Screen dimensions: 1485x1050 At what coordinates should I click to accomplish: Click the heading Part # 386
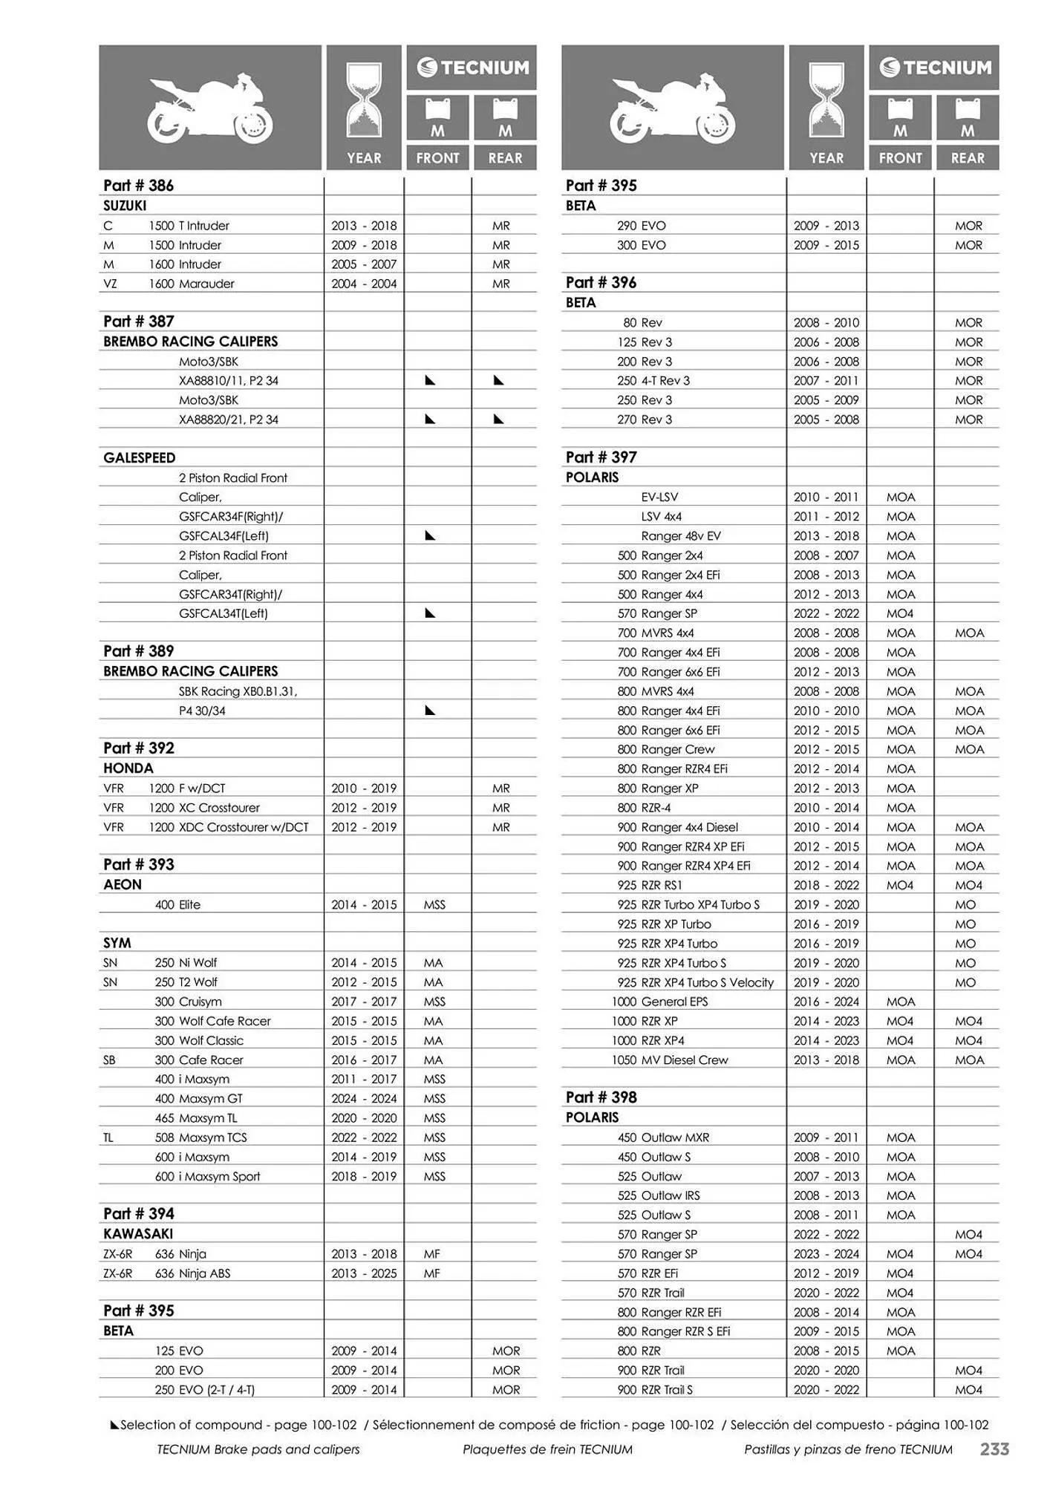tap(139, 186)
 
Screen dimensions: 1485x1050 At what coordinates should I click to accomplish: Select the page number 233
tap(994, 1449)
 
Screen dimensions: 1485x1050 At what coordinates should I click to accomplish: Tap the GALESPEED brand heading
tap(140, 458)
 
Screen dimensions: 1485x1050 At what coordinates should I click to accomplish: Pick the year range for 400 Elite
tap(364, 904)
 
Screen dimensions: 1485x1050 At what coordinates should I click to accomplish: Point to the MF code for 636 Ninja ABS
tap(432, 1273)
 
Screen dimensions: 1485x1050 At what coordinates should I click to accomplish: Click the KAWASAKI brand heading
tap(138, 1233)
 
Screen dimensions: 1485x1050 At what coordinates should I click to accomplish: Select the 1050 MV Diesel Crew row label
tap(670, 1060)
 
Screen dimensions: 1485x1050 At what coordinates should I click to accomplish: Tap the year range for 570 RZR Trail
tap(826, 1292)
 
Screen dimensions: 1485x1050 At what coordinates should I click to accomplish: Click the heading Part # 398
tap(601, 1097)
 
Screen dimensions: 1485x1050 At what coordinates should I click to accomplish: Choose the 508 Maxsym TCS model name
tap(200, 1137)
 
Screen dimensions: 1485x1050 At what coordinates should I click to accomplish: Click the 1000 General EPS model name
tap(659, 1002)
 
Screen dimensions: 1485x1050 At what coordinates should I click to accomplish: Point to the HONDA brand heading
tap(128, 768)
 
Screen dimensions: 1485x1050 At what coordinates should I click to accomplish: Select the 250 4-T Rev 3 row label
tap(653, 380)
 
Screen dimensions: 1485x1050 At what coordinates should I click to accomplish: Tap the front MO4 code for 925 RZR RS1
tap(900, 885)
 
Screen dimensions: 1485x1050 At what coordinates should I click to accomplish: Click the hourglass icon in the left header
tap(364, 99)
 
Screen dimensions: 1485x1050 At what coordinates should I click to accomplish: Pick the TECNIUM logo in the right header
tap(934, 68)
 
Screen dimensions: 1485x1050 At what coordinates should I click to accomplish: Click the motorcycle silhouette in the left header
tap(209, 108)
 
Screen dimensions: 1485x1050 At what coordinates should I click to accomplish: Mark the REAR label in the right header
tap(967, 157)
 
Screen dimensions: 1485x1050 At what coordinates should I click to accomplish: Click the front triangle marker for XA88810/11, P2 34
tap(430, 380)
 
